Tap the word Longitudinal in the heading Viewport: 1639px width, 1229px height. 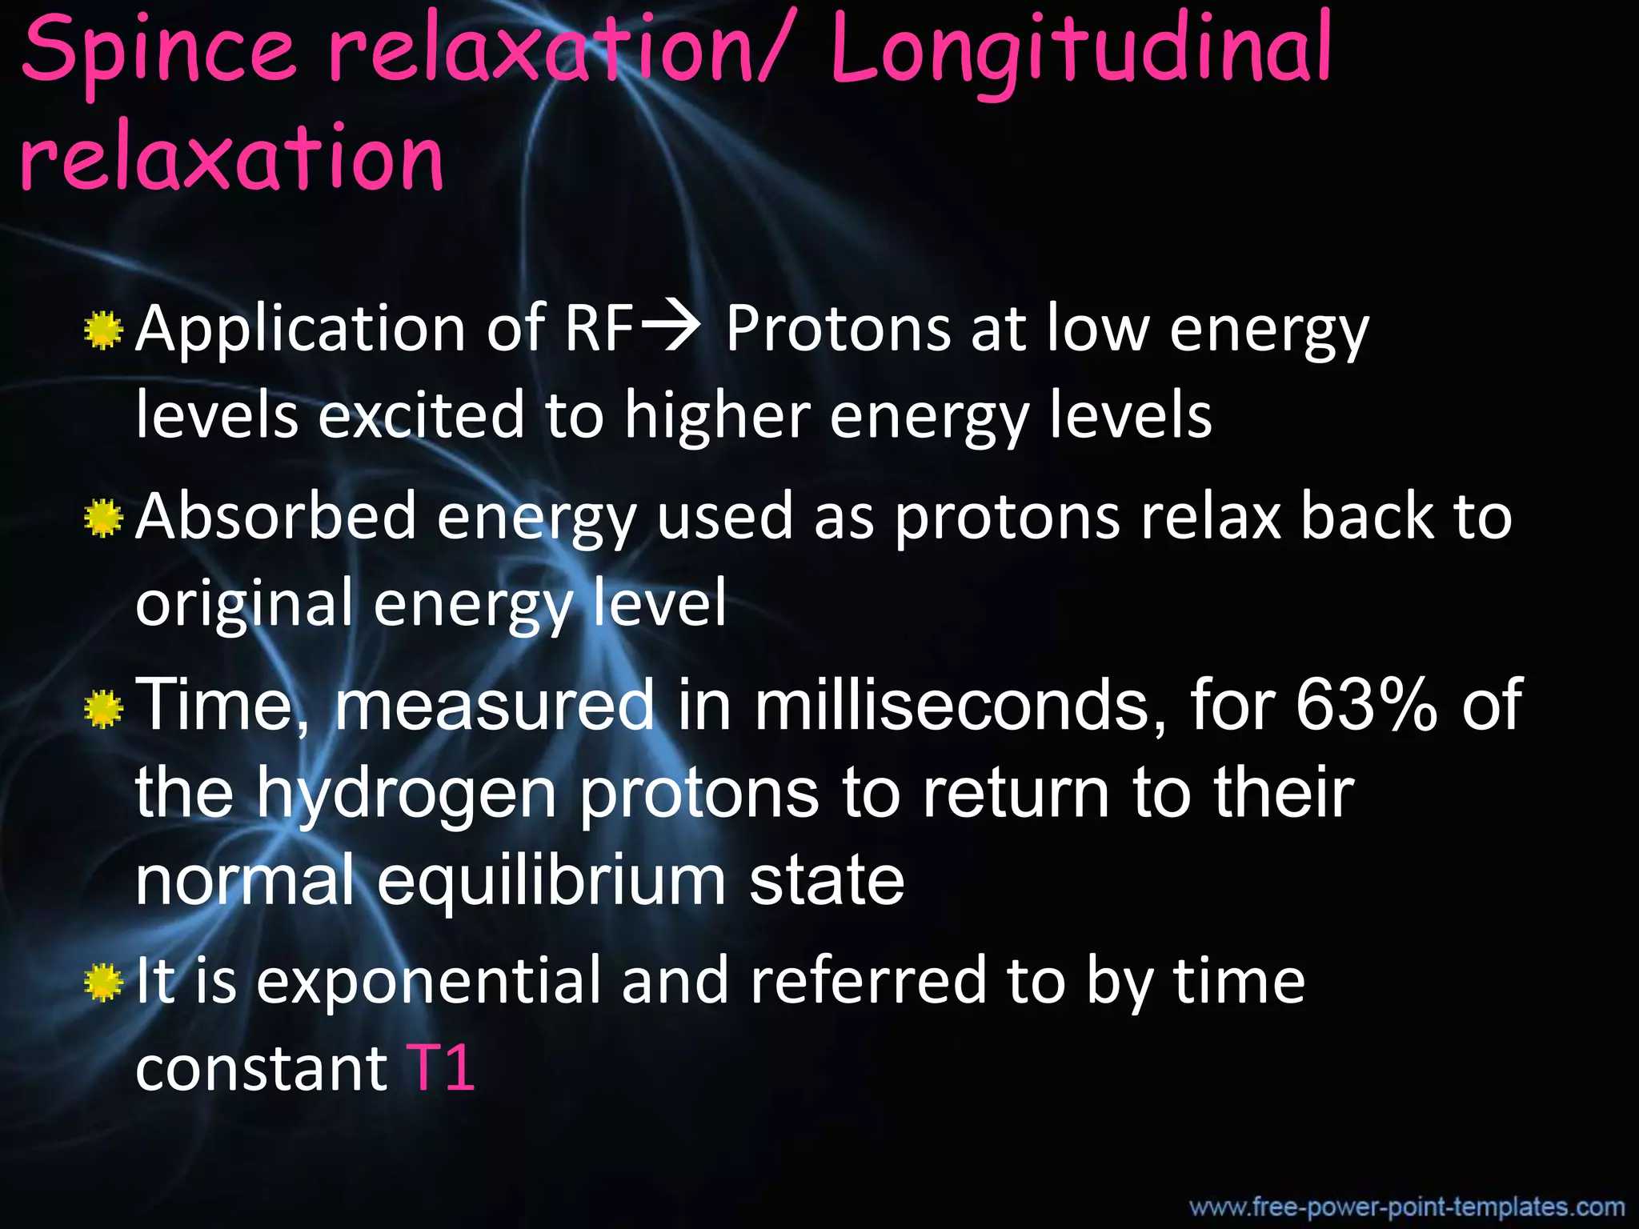pos(1080,52)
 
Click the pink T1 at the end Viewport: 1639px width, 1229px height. pos(441,1067)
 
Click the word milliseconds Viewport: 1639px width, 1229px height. pos(960,704)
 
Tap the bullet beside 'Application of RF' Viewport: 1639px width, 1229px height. pos(102,331)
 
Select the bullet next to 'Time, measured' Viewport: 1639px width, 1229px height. pos(102,708)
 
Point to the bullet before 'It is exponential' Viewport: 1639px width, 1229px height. pos(102,983)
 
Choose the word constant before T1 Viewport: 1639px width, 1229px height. pos(261,1069)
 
